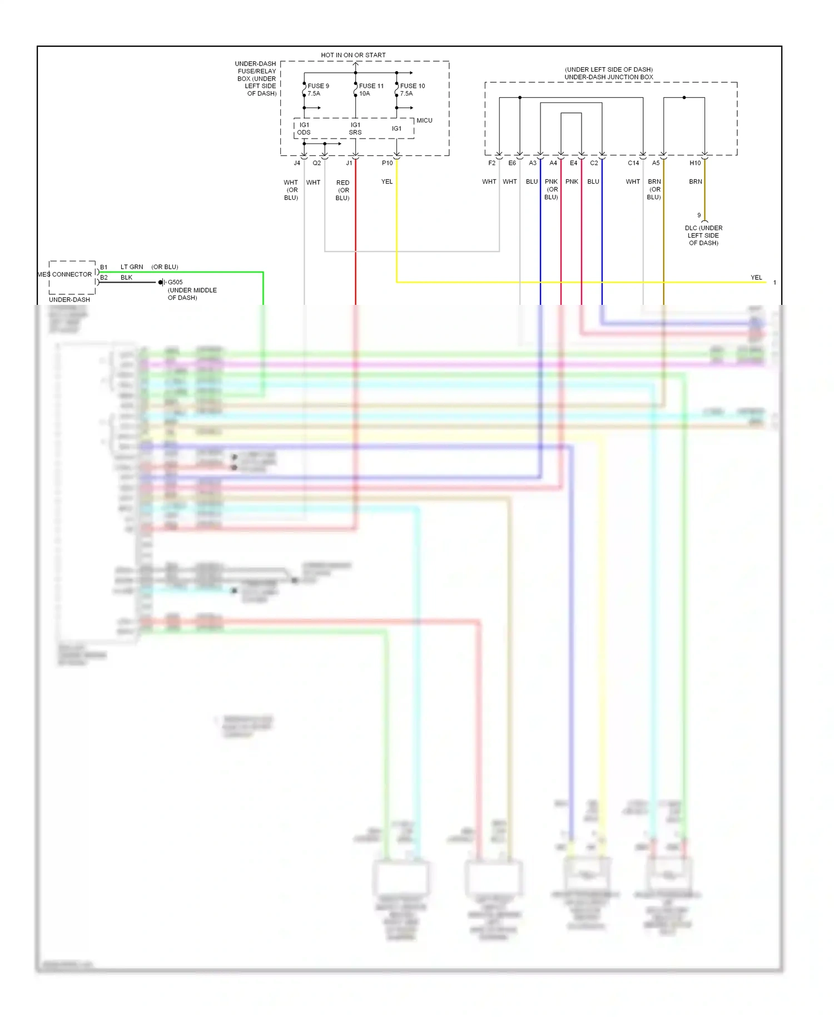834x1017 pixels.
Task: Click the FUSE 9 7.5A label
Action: (318, 90)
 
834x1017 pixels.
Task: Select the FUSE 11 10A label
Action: (371, 90)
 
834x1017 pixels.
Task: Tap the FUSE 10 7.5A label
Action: (412, 90)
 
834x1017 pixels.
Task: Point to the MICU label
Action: (424, 120)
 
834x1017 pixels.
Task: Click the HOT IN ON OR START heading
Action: (353, 55)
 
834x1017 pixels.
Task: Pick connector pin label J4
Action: (297, 163)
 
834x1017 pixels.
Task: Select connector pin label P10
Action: (387, 163)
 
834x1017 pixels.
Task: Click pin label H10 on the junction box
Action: (695, 163)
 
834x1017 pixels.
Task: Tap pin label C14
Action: (633, 163)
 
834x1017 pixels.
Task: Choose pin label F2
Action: (492, 163)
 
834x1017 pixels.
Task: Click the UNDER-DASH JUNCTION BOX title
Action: (609, 77)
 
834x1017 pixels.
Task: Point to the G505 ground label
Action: (175, 282)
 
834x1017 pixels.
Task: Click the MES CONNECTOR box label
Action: (65, 274)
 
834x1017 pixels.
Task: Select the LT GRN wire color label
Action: (132, 267)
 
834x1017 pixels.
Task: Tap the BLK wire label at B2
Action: (126, 278)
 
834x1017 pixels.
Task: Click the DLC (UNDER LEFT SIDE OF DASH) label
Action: (703, 235)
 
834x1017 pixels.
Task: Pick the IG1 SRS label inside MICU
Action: (355, 129)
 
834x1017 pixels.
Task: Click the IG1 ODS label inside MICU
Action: (304, 129)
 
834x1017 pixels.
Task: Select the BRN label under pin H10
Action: (696, 181)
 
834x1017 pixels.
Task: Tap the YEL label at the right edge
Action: (756, 278)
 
